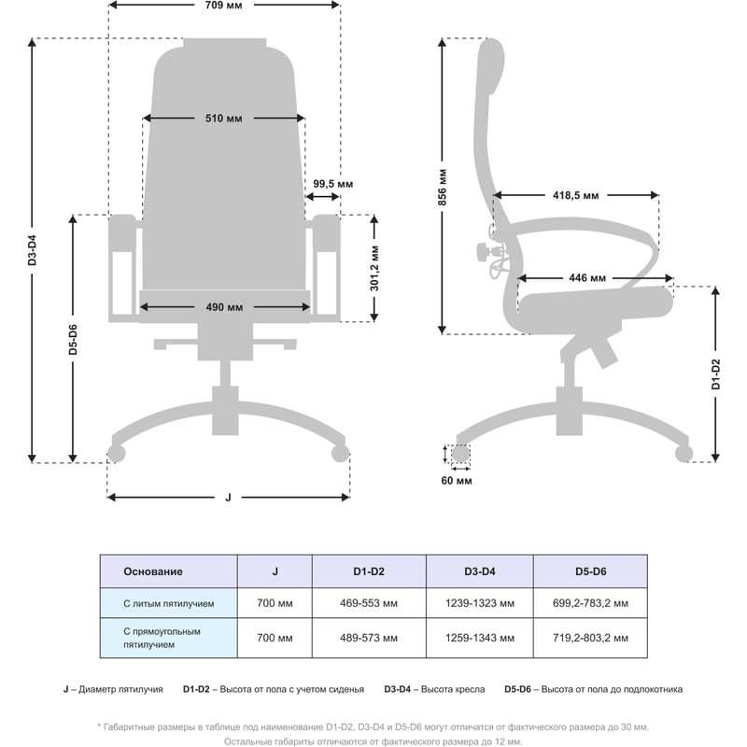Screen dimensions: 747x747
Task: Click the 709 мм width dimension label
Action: coord(224,6)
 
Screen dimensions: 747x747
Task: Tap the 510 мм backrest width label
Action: coord(224,119)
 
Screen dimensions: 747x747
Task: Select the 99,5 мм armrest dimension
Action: coord(332,183)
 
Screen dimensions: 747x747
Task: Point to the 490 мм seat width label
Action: coord(224,307)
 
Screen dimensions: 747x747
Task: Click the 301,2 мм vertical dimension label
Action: coord(374,269)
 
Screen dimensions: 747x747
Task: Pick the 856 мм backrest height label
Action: coord(443,187)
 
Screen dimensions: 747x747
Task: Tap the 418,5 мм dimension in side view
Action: coord(575,195)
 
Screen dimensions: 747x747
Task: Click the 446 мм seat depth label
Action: coord(587,278)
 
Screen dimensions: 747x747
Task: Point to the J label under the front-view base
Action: coord(229,497)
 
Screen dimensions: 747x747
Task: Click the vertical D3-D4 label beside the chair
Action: coord(33,250)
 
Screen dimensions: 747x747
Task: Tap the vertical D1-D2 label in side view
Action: coord(715,373)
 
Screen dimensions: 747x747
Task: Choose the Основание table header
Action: coord(154,571)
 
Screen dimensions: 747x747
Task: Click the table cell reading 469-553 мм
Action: coord(368,604)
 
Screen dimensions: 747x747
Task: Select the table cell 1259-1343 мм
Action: coord(480,639)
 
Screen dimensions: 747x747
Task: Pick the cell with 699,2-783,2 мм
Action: coord(589,604)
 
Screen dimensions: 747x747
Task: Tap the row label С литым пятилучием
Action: coord(169,604)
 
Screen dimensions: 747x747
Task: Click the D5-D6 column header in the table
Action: coord(589,571)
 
